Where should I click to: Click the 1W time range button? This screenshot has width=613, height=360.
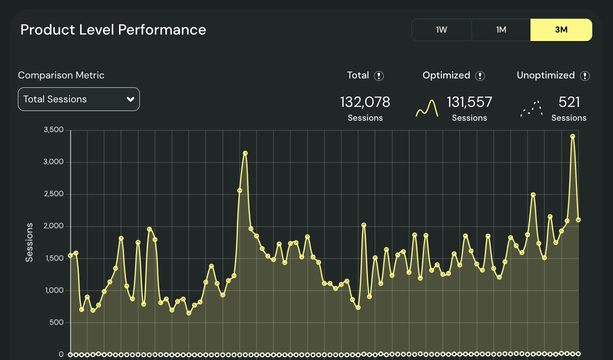(x=441, y=30)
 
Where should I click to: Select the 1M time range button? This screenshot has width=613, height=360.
(x=501, y=30)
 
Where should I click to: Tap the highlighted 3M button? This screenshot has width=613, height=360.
(x=561, y=30)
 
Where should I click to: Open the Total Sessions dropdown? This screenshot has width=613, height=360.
(x=79, y=99)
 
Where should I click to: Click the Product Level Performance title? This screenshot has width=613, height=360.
(x=113, y=30)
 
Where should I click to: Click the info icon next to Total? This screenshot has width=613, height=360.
(x=379, y=76)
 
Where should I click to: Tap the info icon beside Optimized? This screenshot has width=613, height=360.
(x=480, y=76)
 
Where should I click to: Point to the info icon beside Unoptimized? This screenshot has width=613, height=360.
(x=585, y=76)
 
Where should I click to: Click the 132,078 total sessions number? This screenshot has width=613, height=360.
(x=365, y=102)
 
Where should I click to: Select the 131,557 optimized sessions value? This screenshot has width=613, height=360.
(x=470, y=102)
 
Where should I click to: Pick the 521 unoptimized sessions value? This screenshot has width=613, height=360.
(x=569, y=102)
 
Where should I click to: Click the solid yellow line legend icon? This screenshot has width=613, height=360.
(x=427, y=108)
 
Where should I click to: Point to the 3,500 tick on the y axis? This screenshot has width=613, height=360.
(x=54, y=130)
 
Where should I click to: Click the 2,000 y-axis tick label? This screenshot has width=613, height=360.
(x=54, y=226)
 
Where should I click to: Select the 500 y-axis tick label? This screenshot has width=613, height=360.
(x=57, y=322)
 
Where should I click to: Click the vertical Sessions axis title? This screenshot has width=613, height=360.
(x=29, y=242)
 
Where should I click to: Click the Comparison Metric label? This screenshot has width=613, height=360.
(x=61, y=75)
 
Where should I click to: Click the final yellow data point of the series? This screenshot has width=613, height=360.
(x=578, y=220)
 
